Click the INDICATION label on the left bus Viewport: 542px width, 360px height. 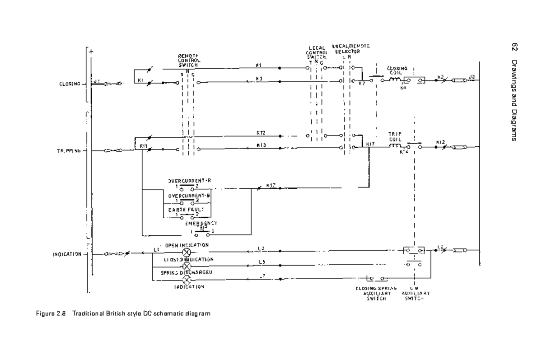pyautogui.click(x=66, y=254)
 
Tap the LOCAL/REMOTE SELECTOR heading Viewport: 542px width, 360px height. pyautogui.click(x=350, y=49)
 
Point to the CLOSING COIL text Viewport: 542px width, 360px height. pyautogui.click(x=397, y=71)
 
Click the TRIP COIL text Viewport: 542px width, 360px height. pyautogui.click(x=395, y=137)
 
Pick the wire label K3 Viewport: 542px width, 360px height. pyautogui.click(x=259, y=79)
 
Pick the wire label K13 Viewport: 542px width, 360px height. pyautogui.click(x=261, y=145)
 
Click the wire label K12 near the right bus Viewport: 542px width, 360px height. pyautogui.click(x=441, y=142)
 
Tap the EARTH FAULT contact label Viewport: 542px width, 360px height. pyautogui.click(x=186, y=210)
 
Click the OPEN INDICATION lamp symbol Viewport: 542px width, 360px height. pyautogui.click(x=186, y=252)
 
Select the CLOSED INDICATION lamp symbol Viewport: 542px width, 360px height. pyautogui.click(x=186, y=266)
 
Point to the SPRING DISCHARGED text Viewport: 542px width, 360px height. pyautogui.click(x=183, y=273)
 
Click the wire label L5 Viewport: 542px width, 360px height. pyautogui.click(x=262, y=262)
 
